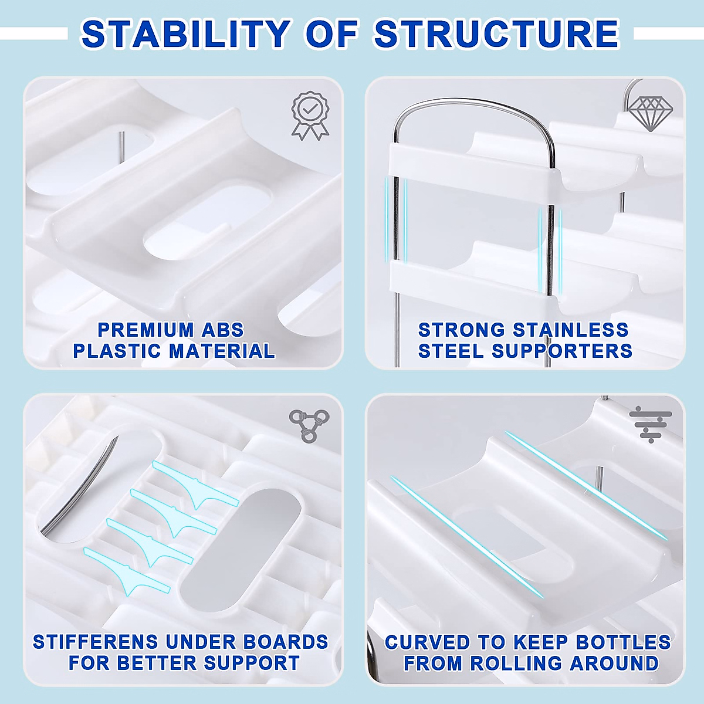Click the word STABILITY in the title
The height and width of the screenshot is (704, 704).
point(185,34)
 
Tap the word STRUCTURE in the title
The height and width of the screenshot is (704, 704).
point(496,34)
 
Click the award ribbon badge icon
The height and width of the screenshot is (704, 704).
point(310,115)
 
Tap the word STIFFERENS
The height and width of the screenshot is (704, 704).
point(95,642)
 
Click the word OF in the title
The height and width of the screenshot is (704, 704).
point(332,34)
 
